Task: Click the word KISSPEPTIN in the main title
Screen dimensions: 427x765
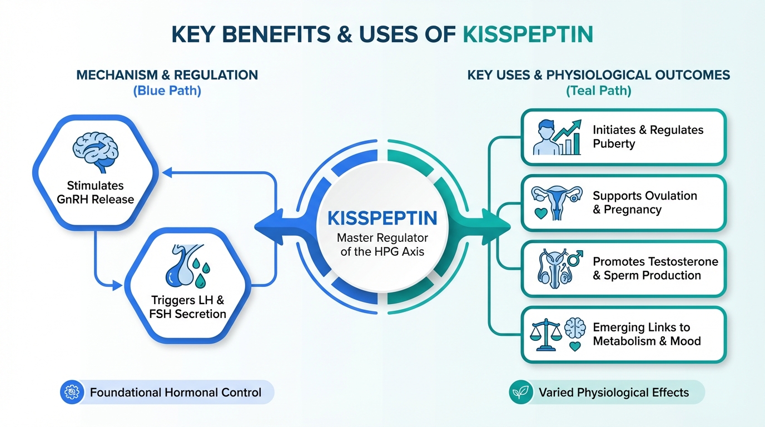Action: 528,34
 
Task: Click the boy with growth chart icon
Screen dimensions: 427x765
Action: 557,137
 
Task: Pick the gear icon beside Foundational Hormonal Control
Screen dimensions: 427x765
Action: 71,393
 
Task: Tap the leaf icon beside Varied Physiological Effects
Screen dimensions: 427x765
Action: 520,393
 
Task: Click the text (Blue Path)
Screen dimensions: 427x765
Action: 167,91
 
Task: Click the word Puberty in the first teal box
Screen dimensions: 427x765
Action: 614,144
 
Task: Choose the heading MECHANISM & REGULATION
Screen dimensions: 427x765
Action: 167,75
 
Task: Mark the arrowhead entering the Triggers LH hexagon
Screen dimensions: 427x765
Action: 117,286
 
